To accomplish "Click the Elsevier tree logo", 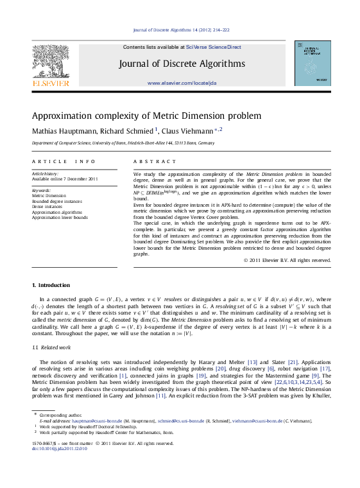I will tap(50, 63).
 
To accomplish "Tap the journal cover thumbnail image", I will tap(313, 63).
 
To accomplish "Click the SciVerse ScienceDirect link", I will tap(214, 47).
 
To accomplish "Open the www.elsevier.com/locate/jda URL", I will tap(182, 83).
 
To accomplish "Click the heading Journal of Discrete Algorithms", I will tap(182, 64).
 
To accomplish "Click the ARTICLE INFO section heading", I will tap(63, 162).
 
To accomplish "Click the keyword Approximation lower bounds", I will tap(60, 218).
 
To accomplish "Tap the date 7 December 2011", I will tap(81, 179).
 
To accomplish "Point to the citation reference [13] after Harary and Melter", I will tap(261, 362).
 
